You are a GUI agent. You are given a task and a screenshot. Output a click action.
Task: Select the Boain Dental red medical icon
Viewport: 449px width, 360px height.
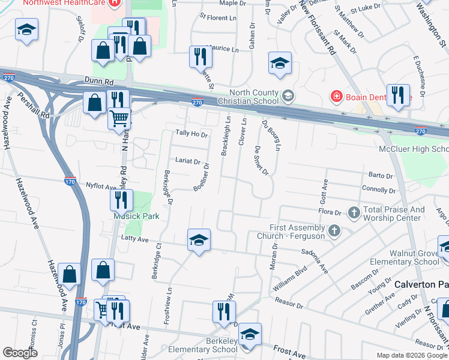pos(336,96)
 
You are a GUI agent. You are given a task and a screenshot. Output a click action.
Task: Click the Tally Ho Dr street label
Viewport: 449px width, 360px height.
pos(191,134)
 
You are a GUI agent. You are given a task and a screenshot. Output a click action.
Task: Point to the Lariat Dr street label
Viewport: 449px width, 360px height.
pos(188,161)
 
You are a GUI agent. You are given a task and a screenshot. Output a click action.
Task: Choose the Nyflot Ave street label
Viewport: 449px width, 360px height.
pos(100,186)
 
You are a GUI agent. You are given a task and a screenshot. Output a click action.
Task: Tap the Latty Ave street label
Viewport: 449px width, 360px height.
pos(134,239)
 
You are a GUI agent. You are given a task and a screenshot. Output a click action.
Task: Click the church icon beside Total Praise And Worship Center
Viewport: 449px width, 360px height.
pos(354,212)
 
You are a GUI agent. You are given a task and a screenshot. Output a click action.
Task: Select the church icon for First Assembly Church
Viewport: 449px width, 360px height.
pos(335,230)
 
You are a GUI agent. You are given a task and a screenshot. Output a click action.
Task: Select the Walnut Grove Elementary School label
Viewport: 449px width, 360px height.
pos(415,257)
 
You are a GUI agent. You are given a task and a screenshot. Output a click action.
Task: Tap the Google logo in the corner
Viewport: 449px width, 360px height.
pos(20,353)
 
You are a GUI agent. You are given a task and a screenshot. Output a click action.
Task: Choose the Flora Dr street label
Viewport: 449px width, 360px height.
pos(330,212)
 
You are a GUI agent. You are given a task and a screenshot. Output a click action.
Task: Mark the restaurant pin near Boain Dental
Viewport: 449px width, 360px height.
pos(397,96)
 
